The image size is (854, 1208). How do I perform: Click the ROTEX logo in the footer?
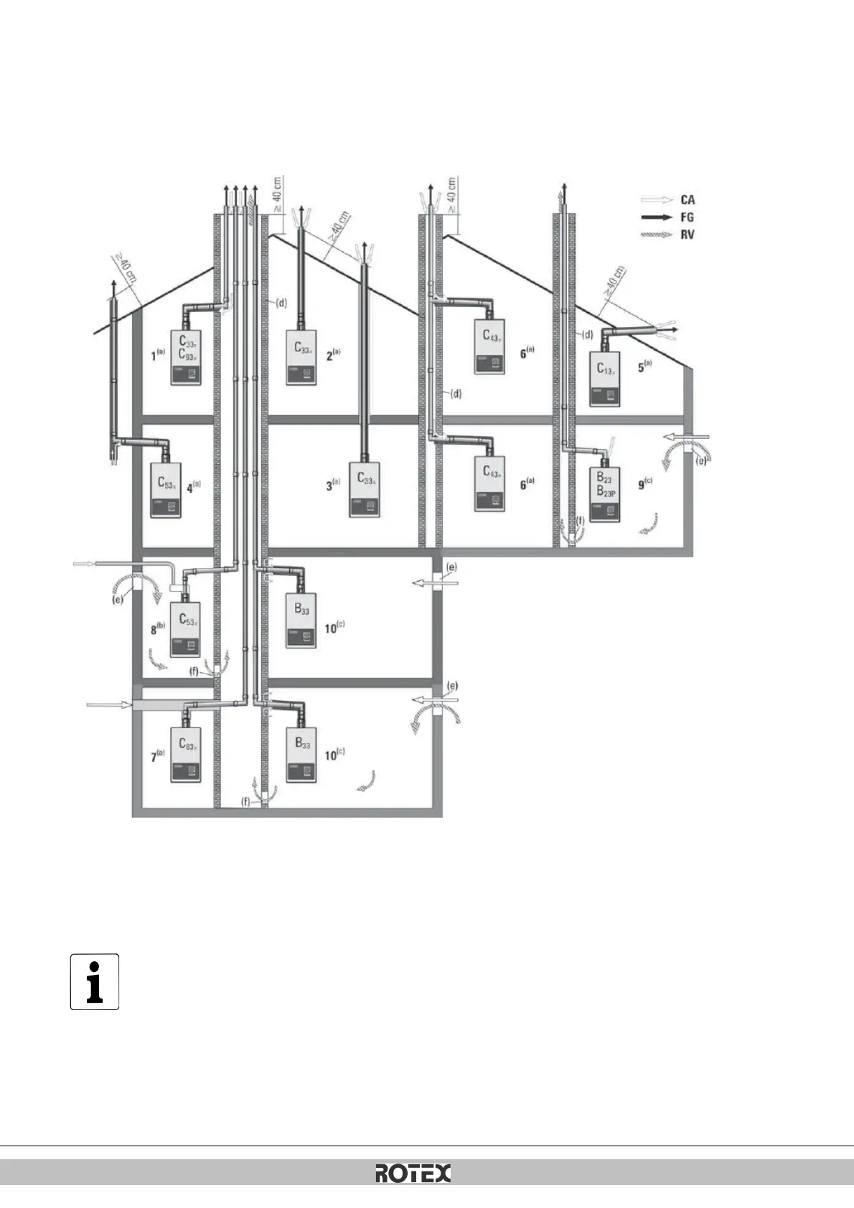(413, 1173)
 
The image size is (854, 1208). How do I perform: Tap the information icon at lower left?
(94, 981)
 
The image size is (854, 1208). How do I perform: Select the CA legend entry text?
(688, 200)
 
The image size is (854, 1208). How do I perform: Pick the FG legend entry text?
(688, 217)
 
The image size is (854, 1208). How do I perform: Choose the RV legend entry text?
(688, 234)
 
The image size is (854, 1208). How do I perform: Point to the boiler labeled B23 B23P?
(604, 494)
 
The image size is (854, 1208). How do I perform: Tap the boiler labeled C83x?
(185, 755)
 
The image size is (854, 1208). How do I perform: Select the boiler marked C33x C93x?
(185, 356)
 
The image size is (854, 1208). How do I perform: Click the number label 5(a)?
(644, 366)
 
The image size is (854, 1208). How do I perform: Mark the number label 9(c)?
(644, 484)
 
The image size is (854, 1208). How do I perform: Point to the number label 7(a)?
(157, 755)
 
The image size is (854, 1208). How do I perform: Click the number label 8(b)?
(158, 629)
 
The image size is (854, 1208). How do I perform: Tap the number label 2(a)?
(333, 354)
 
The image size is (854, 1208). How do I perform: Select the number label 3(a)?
(333, 486)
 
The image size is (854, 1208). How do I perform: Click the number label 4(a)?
(193, 487)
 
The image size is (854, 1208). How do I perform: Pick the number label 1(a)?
(157, 354)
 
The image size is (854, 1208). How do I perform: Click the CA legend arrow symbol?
(657, 200)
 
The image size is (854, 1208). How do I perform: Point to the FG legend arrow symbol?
(657, 217)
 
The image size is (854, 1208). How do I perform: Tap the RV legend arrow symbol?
(657, 234)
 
